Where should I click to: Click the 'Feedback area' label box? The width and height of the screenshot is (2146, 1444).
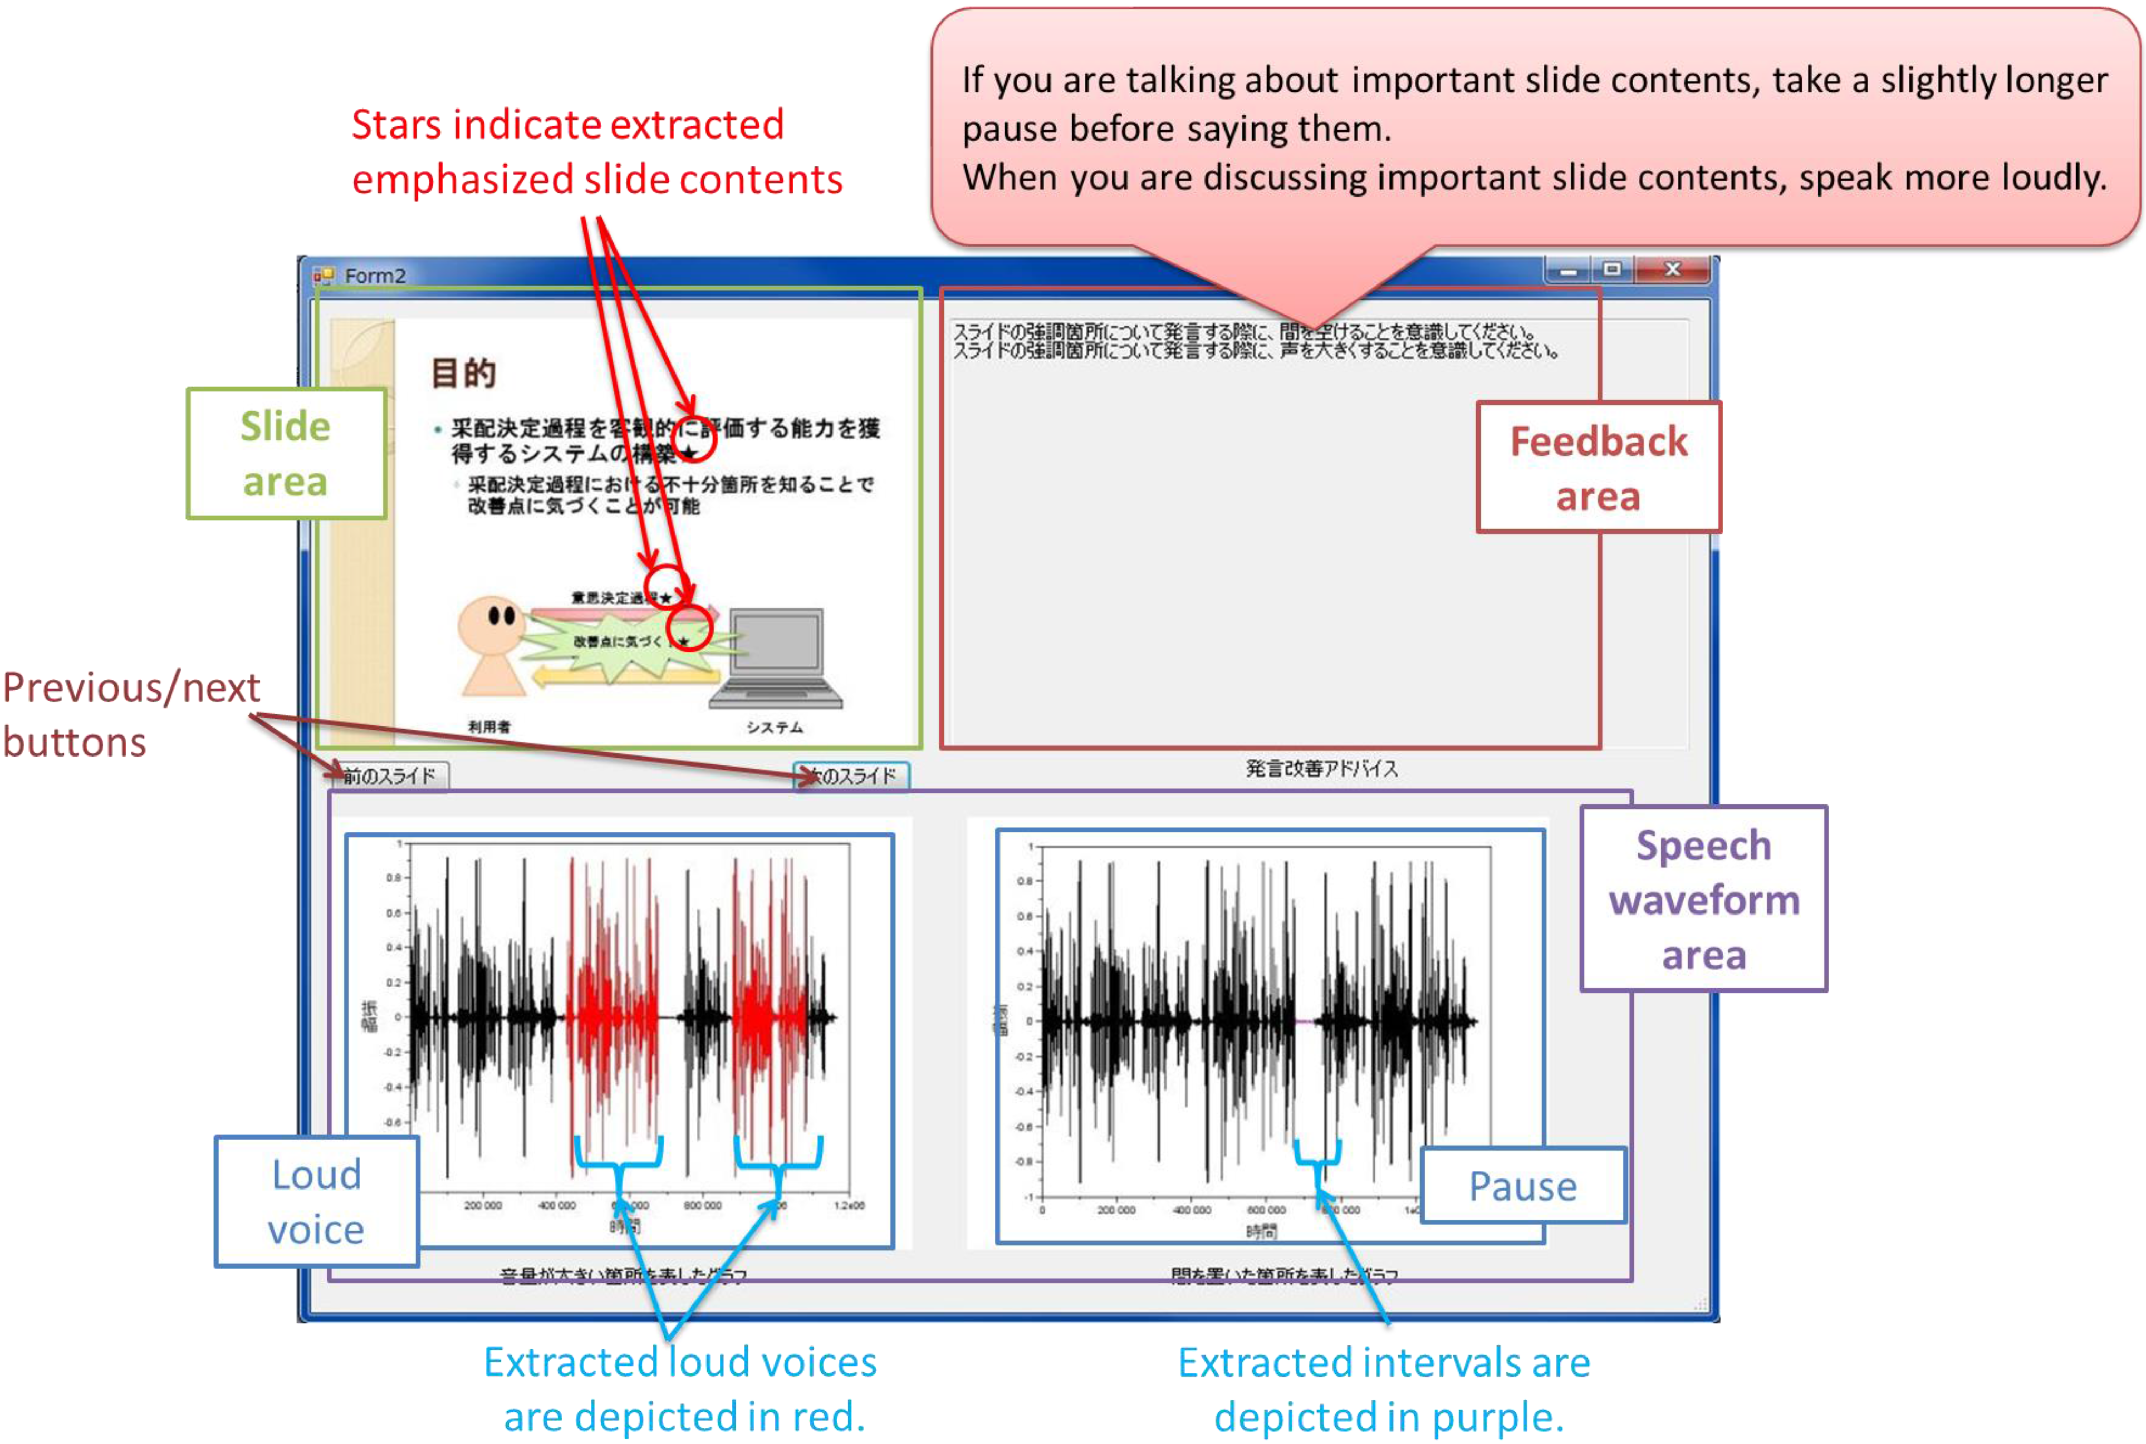1598,468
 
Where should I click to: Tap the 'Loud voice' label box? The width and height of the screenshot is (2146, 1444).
316,1201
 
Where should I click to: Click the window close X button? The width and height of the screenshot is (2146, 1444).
1672,269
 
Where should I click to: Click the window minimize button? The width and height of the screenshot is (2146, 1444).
1569,270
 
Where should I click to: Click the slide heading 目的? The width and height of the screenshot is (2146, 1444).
463,373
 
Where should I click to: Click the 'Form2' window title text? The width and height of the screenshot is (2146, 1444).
375,276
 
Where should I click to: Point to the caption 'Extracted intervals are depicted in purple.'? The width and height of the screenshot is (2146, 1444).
1384,1389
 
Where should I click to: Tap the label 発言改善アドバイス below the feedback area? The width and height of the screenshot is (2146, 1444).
1321,768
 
